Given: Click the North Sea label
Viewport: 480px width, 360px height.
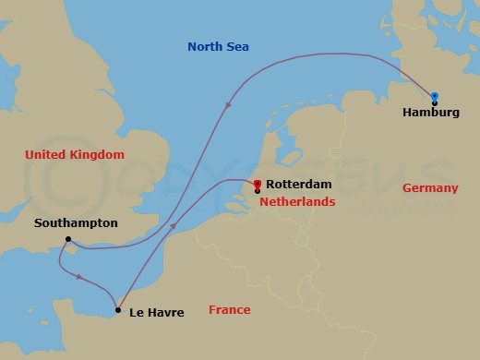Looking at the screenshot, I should tap(219, 47).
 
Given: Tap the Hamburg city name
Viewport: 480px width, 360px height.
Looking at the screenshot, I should tap(432, 114).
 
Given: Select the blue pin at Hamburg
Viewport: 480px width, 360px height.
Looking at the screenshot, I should tap(434, 95).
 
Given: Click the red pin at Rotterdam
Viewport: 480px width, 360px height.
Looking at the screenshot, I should tap(257, 184).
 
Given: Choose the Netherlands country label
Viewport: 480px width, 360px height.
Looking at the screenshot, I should tap(297, 200).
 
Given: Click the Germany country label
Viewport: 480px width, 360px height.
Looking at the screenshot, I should tap(430, 188).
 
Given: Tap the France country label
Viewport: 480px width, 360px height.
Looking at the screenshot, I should tap(230, 310).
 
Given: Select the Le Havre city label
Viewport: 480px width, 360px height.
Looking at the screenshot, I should tap(157, 313).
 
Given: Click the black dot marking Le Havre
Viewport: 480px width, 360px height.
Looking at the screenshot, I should tap(117, 310).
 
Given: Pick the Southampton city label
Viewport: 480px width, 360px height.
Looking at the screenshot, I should tap(76, 223).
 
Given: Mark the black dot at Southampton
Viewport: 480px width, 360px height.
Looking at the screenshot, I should tap(68, 240).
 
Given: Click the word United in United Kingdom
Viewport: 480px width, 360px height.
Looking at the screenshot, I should tap(46, 156).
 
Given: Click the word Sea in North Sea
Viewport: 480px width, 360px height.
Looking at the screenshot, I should tap(239, 47).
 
